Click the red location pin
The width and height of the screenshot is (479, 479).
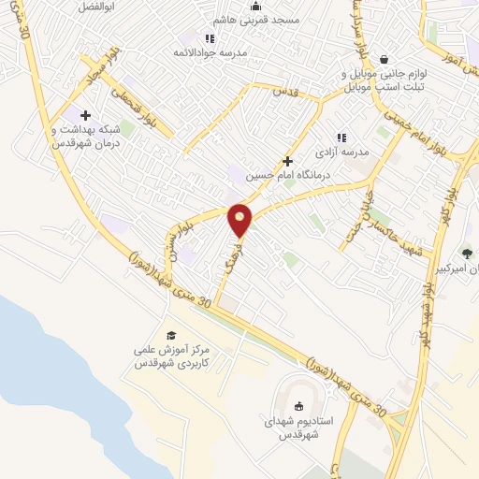point(240,219)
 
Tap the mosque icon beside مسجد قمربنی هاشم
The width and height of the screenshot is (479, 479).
point(255,6)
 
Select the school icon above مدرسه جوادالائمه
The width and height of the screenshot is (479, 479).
point(210,38)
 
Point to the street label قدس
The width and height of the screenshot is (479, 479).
point(284,92)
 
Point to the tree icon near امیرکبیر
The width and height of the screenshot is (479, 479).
point(467,253)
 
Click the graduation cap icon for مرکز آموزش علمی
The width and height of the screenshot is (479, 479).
point(170,335)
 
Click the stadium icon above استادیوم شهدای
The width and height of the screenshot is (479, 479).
point(298,406)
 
